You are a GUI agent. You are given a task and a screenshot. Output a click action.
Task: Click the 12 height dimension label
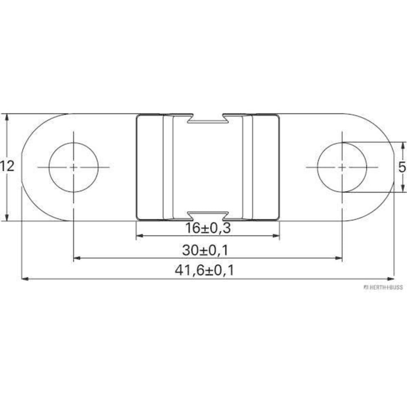(7, 166)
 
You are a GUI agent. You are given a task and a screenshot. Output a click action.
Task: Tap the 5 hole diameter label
(402, 167)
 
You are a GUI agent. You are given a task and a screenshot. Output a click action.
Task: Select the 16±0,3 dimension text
(208, 228)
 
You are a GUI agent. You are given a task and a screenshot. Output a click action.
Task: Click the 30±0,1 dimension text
(205, 250)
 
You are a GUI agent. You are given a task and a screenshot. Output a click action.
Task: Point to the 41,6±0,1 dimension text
(204, 271)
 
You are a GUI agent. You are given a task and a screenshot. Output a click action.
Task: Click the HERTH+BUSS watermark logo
(383, 287)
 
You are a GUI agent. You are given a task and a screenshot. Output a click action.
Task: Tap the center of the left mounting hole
(73, 167)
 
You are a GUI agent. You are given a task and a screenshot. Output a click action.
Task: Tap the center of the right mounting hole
(342, 167)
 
